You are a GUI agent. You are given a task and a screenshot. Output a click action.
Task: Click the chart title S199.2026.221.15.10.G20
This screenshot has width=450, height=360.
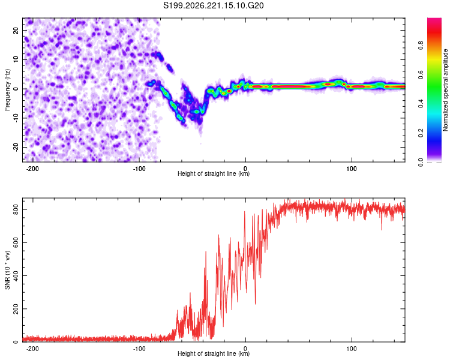point(213,5)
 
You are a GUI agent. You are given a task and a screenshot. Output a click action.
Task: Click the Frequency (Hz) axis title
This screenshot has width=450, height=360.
point(7,90)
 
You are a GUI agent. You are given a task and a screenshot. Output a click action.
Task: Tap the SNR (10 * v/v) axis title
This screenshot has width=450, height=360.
point(7,270)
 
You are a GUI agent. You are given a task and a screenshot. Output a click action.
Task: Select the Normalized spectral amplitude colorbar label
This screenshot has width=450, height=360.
point(445,90)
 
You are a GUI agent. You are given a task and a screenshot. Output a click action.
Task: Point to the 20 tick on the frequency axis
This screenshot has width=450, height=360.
point(16,30)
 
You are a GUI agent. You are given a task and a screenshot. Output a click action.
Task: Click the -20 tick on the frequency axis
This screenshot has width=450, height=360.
point(16,147)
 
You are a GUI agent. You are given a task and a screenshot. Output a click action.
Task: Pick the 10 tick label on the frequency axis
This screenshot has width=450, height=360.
point(16,59)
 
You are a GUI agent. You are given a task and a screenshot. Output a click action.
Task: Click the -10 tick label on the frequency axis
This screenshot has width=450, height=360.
point(16,118)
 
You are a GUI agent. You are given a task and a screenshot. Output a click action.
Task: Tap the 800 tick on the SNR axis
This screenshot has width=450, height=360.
point(16,209)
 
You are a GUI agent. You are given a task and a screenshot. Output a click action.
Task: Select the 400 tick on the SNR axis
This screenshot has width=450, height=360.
point(16,275)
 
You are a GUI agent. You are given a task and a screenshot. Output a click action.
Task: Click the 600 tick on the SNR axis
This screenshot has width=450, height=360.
point(16,242)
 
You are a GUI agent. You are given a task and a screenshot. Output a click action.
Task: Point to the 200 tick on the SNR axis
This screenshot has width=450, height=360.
point(16,308)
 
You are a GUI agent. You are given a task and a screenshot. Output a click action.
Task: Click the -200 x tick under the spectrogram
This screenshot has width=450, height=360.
point(32,169)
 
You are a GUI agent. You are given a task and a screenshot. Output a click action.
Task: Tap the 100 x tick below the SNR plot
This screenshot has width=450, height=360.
point(352,349)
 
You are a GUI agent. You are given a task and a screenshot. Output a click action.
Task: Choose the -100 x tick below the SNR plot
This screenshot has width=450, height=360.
point(139,349)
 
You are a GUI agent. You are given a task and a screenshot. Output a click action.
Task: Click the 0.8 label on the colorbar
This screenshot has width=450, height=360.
point(421,46)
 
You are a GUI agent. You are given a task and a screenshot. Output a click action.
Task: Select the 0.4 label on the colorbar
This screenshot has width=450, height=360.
point(421,104)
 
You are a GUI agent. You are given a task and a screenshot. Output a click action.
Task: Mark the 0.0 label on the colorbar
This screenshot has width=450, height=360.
point(421,162)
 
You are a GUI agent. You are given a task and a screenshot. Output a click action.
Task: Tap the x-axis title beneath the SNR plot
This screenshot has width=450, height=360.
point(214,353)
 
